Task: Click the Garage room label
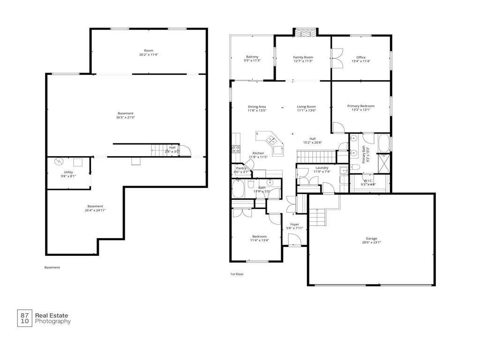pos(371,239)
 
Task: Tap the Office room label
pos(360,58)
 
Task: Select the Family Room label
pos(303,57)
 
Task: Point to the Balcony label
pos(252,57)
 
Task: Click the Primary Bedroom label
pos(360,106)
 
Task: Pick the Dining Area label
pos(257,106)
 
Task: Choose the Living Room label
pos(306,106)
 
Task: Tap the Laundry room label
pos(322,168)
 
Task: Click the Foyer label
pos(294,225)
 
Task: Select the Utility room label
pos(68,172)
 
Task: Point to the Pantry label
pos(241,168)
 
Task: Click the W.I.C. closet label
pos(368,180)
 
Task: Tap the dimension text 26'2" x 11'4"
pos(149,55)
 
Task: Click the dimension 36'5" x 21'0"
pos(125,118)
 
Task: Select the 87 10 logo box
pos(25,318)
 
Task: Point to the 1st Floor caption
pos(237,274)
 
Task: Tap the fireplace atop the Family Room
pos(305,33)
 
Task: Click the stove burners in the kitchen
pos(236,150)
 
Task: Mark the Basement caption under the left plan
pos(52,268)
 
